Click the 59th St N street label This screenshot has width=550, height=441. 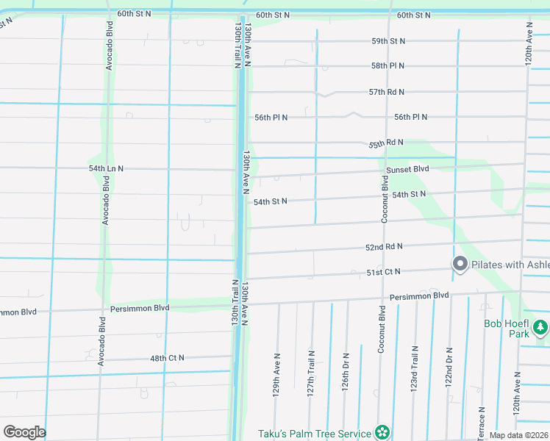388,41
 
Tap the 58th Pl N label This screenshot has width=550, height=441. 388,66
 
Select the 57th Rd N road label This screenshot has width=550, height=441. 387,92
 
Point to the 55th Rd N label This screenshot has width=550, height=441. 387,143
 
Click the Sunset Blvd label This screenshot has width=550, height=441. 407,169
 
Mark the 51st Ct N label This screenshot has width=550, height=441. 384,272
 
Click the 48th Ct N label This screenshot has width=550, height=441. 167,358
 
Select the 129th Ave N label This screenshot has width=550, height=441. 277,376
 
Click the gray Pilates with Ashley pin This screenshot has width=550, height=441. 460,263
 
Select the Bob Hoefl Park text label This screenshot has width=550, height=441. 507,329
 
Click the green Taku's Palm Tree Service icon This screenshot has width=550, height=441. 382,432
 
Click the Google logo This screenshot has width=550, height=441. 24,432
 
